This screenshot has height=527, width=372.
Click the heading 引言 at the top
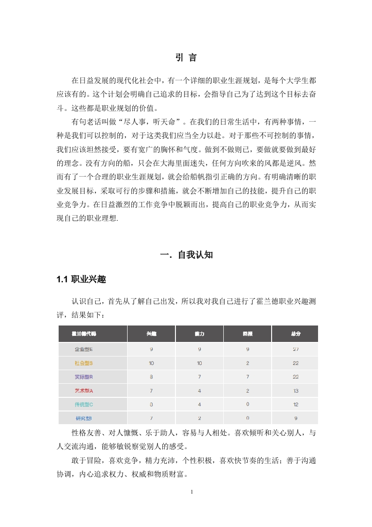point(186,58)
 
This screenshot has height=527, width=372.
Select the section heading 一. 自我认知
point(186,255)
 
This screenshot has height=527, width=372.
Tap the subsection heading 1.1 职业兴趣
point(81,280)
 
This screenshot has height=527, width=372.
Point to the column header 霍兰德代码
point(84,333)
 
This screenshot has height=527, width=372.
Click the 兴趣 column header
point(151,333)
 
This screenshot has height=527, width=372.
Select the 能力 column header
point(199,333)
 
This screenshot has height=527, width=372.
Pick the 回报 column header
point(247,333)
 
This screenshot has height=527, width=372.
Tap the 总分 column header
point(296,333)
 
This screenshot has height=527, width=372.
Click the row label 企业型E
point(84,349)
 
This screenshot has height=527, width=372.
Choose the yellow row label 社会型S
point(84,363)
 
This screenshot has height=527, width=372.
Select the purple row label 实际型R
point(84,377)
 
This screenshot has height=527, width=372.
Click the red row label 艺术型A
point(84,391)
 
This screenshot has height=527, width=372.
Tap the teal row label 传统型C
point(84,404)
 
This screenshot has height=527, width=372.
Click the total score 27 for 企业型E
point(296,349)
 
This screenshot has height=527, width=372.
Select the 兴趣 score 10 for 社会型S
point(151,363)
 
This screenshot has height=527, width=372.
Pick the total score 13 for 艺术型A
point(296,391)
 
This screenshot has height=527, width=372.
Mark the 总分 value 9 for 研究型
point(296,418)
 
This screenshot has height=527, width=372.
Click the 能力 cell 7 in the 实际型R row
point(199,377)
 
